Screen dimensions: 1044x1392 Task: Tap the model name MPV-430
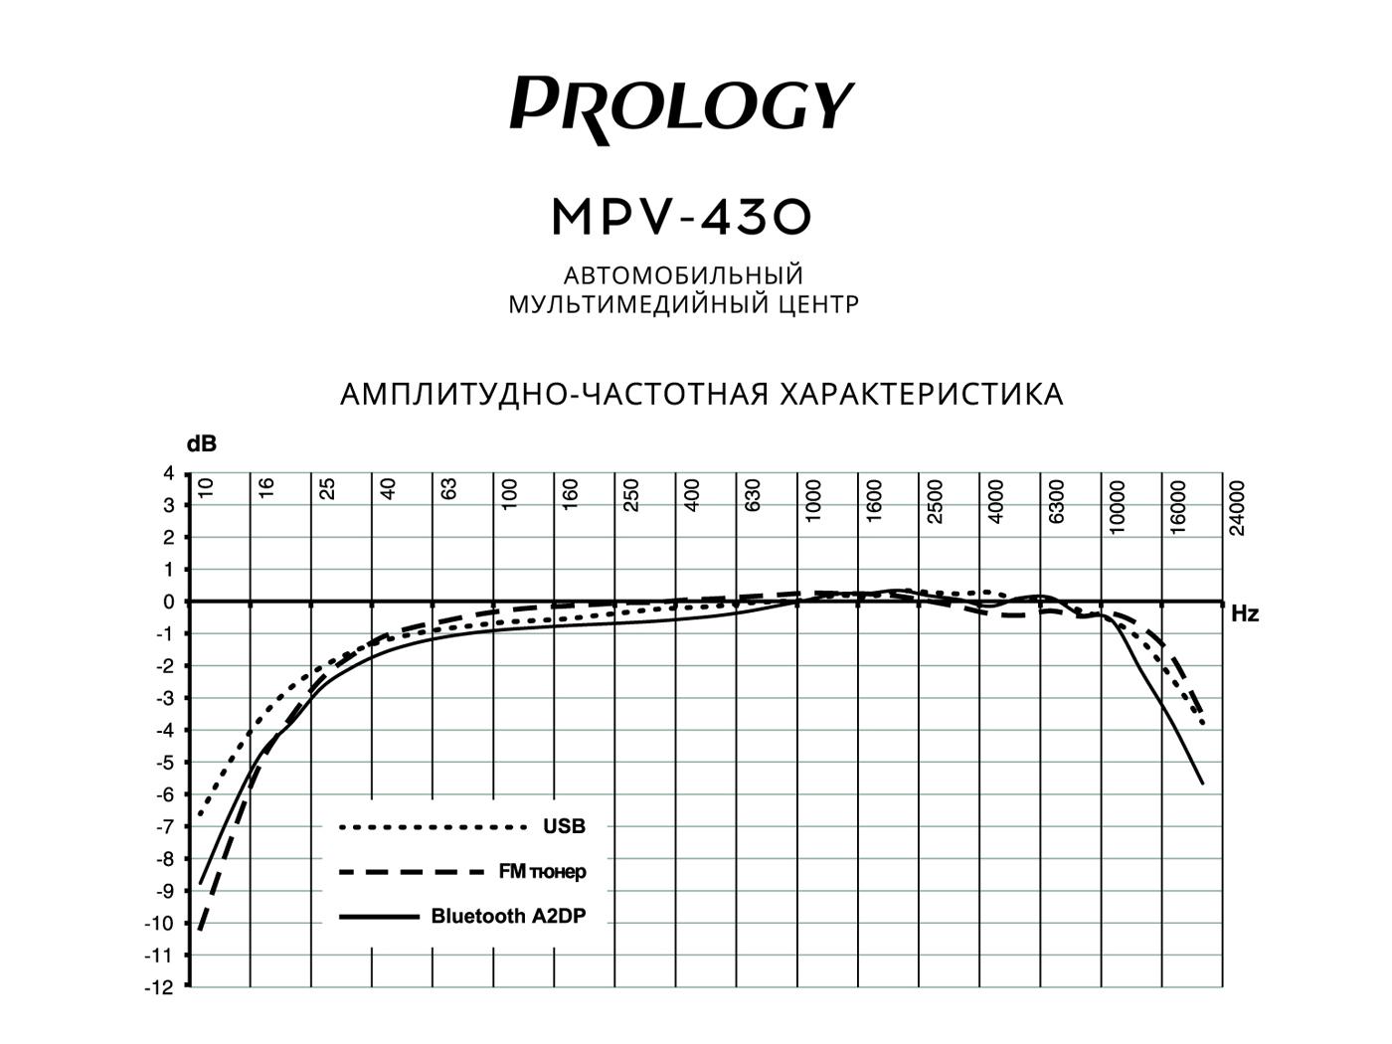click(x=682, y=217)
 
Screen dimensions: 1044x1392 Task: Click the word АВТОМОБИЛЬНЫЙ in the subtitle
click(x=683, y=274)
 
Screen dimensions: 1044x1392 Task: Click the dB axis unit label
click(x=202, y=444)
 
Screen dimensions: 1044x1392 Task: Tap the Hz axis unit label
click(x=1245, y=614)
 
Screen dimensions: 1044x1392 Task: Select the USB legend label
click(x=564, y=826)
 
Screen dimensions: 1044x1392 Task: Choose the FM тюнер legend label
click(x=542, y=872)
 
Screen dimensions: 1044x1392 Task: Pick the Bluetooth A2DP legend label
click(x=508, y=917)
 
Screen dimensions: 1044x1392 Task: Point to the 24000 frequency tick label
click(x=1237, y=508)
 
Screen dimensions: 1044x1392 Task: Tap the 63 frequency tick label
click(x=449, y=489)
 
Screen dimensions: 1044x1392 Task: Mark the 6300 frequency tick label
click(x=1057, y=501)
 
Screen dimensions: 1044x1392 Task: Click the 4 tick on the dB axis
click(x=168, y=473)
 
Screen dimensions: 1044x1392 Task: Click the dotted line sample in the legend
click(x=432, y=827)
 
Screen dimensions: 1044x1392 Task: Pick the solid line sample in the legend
click(x=379, y=917)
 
